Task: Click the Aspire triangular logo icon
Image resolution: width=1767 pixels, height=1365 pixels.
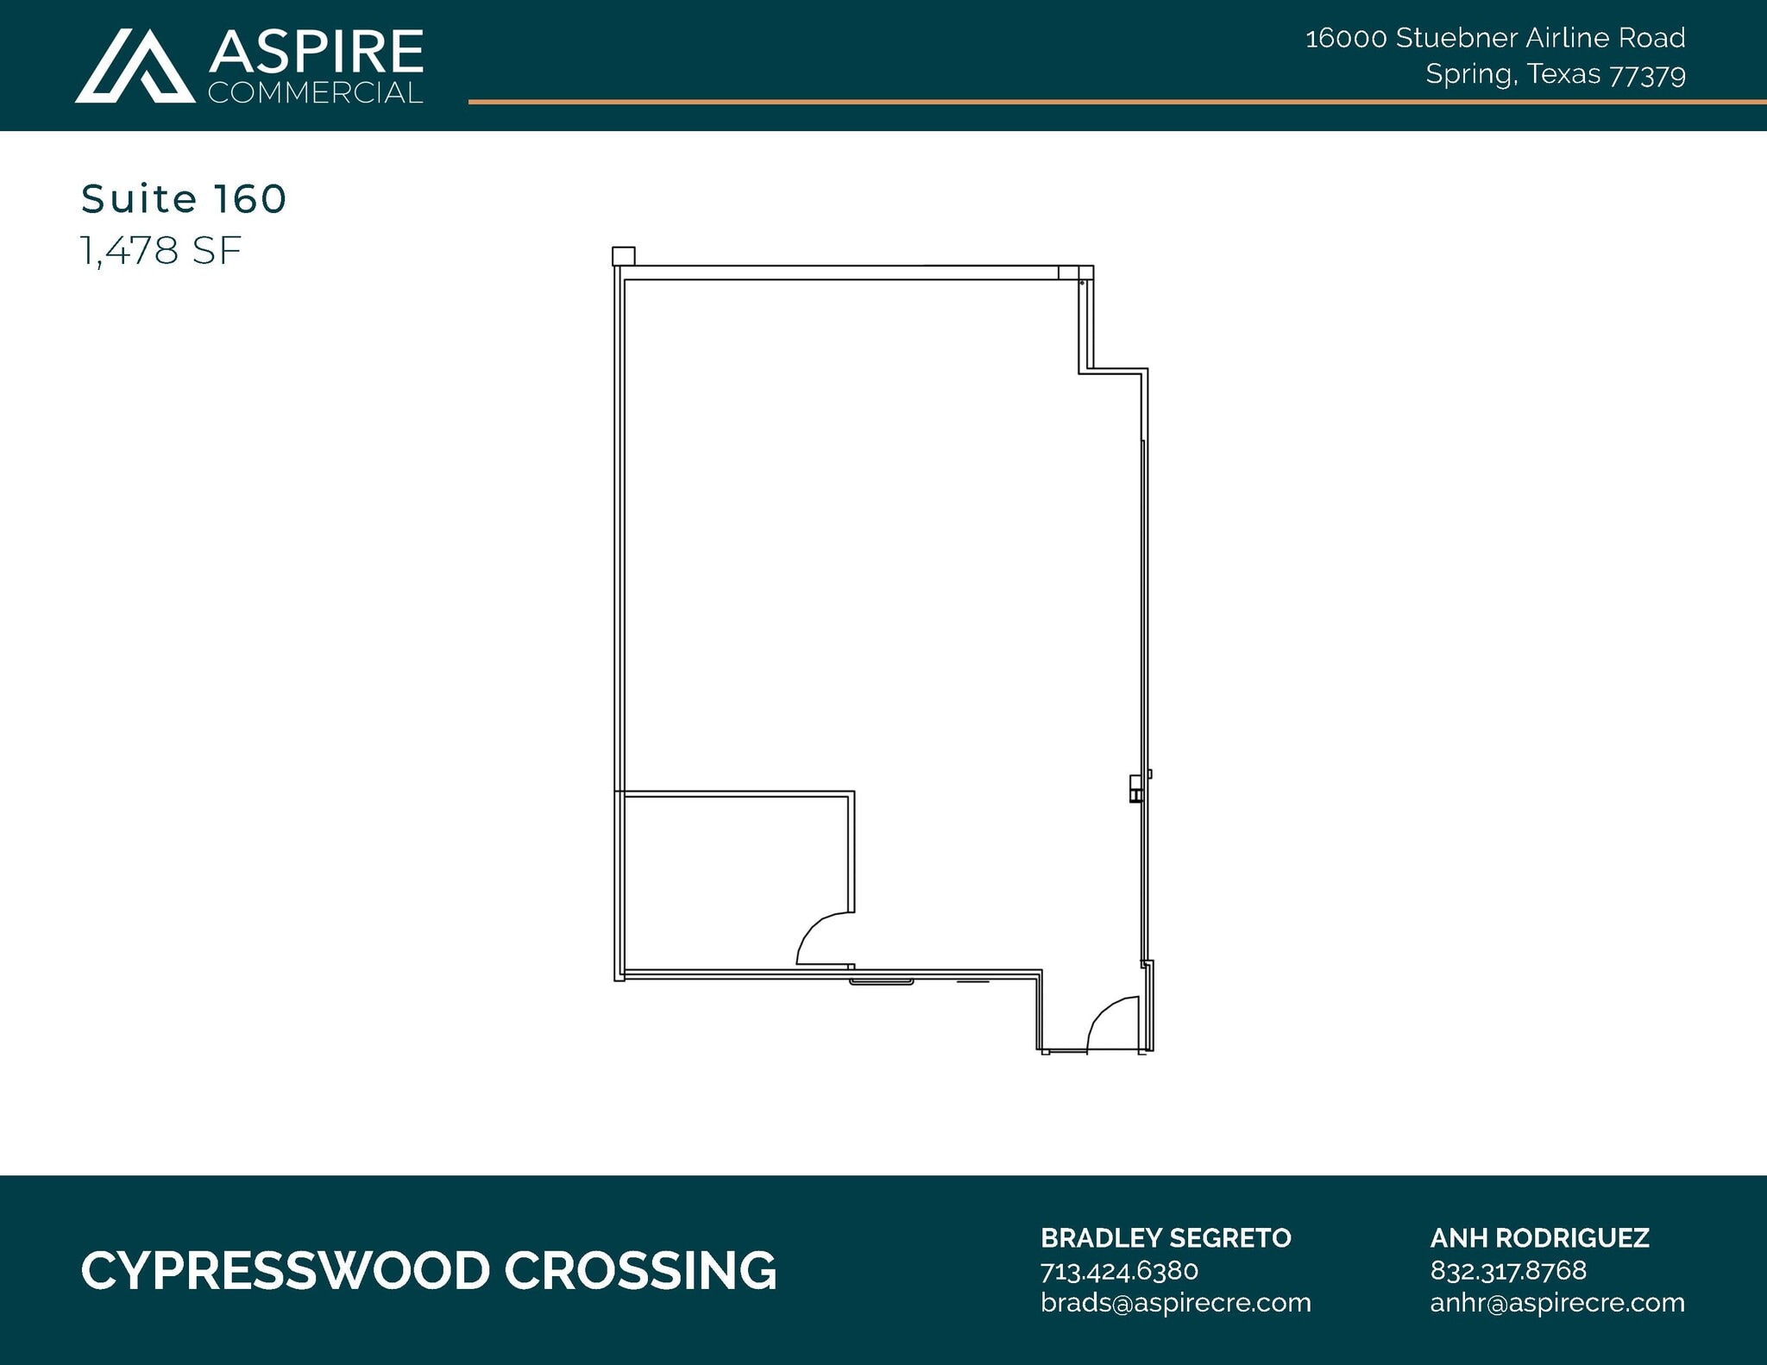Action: (135, 66)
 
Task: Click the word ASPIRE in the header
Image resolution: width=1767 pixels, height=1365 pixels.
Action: (316, 52)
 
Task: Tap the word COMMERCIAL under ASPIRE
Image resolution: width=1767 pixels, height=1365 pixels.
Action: (316, 93)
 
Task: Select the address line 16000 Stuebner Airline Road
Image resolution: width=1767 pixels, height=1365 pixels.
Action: (1495, 38)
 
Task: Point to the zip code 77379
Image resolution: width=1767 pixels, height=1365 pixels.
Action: (1647, 75)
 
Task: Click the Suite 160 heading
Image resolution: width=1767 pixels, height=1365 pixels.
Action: (184, 199)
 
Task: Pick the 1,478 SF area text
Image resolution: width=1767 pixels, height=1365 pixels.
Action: (161, 251)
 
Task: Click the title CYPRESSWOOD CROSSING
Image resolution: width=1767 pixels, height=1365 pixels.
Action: (429, 1271)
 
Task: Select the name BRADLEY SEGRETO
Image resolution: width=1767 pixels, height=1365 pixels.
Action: (1166, 1238)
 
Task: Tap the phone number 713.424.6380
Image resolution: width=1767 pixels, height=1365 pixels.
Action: (1119, 1271)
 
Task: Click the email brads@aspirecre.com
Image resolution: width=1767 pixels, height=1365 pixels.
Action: (1175, 1302)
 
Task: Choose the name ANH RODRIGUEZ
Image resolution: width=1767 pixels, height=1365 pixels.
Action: (1539, 1238)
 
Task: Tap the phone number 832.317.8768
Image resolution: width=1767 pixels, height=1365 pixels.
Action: (1508, 1271)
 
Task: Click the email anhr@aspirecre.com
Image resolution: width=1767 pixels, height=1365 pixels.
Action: (1557, 1302)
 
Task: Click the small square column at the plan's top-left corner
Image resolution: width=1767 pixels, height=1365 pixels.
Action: (623, 256)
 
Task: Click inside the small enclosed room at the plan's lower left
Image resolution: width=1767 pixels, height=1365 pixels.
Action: (733, 880)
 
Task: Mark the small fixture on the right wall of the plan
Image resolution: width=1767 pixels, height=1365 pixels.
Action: (1136, 788)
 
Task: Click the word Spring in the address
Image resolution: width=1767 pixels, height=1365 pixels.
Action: (1468, 75)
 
